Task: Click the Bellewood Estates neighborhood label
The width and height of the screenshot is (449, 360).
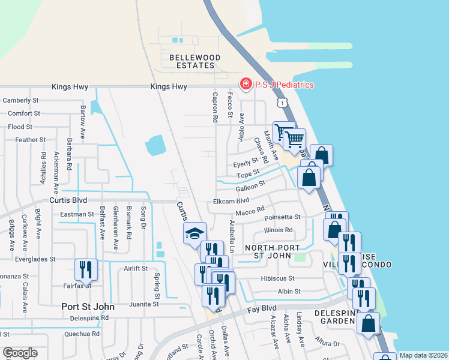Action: click(191, 61)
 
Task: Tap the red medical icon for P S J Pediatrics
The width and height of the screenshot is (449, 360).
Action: click(245, 85)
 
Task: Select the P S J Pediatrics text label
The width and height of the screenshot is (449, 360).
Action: click(284, 85)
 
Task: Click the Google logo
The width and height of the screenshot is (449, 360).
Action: click(20, 353)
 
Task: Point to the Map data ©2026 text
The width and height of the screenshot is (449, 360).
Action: click(423, 355)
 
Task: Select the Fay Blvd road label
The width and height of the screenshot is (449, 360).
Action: click(264, 309)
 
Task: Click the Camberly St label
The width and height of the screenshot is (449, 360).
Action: click(21, 100)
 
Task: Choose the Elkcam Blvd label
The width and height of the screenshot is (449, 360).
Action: click(231, 202)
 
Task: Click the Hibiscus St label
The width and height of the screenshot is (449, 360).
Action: click(277, 278)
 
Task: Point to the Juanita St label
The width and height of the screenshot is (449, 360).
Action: click(142, 304)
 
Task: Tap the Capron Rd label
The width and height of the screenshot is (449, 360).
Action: click(214, 107)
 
